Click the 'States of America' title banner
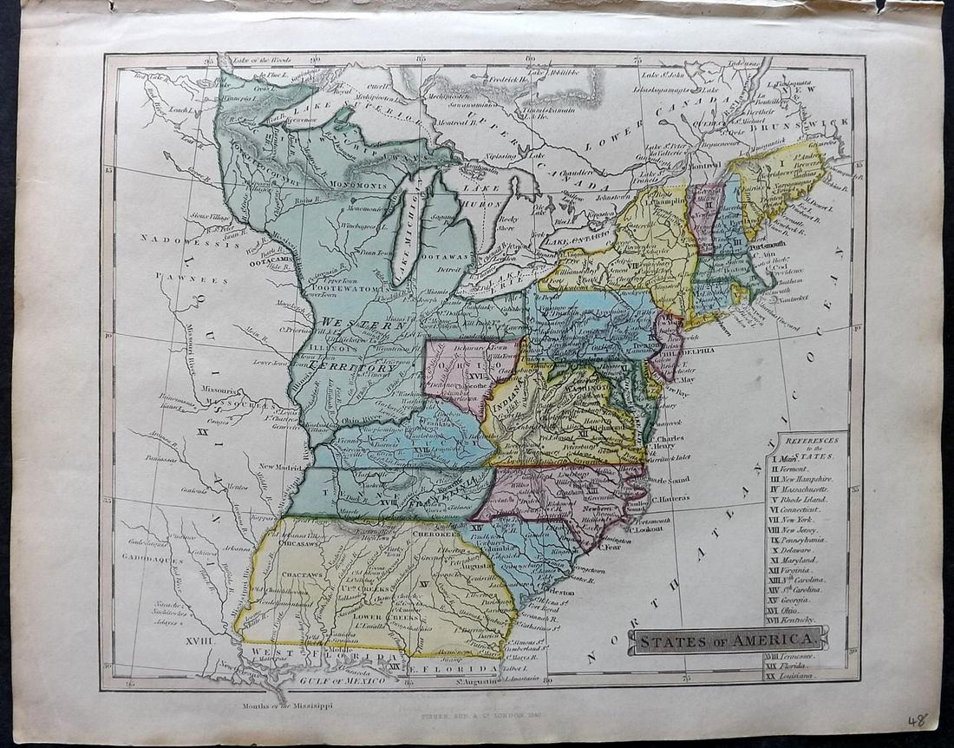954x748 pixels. [729, 640]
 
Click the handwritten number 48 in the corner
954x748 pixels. [917, 719]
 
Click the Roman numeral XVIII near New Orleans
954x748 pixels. [197, 639]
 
